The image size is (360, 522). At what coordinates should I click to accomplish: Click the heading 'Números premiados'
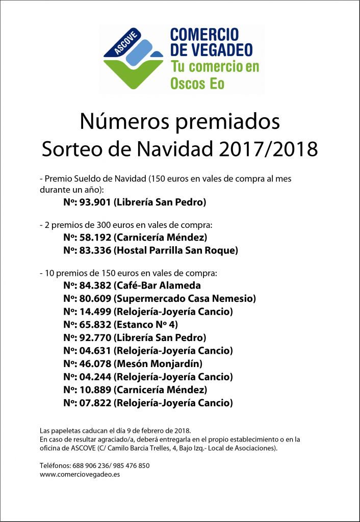pyautogui.click(x=179, y=122)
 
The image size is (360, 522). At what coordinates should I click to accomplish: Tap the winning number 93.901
pyautogui.click(x=95, y=202)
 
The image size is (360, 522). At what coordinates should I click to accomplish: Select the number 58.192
pyautogui.click(x=95, y=237)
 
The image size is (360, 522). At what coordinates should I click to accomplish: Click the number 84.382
pyautogui.click(x=95, y=285)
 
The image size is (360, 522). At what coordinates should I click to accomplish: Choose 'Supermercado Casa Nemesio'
pyautogui.click(x=185, y=298)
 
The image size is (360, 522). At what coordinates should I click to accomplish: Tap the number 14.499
pyautogui.click(x=95, y=311)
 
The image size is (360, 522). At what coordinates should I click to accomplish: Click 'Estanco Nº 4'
pyautogui.click(x=145, y=324)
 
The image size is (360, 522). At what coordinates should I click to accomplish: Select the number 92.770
pyautogui.click(x=95, y=337)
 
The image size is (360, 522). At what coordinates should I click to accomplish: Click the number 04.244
pyautogui.click(x=95, y=377)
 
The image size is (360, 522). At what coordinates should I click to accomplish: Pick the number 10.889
pyautogui.click(x=95, y=390)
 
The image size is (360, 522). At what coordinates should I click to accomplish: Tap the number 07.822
pyautogui.click(x=95, y=403)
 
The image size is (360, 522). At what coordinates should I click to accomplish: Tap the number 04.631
pyautogui.click(x=95, y=351)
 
